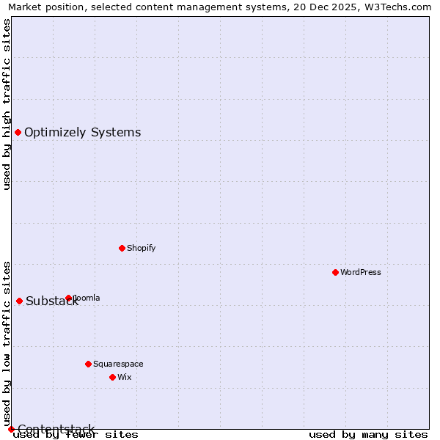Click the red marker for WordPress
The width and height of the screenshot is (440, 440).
click(x=335, y=272)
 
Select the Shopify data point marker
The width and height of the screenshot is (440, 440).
click(x=122, y=248)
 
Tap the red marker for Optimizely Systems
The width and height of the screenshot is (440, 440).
click(x=18, y=132)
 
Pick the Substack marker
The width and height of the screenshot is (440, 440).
click(x=19, y=301)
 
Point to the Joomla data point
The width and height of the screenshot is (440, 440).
click(x=69, y=298)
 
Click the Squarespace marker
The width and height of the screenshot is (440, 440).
click(x=88, y=364)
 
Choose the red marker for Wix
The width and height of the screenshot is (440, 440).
click(x=112, y=377)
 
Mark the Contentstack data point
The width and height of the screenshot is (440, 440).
click(x=11, y=429)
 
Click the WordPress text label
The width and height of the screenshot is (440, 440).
click(x=361, y=272)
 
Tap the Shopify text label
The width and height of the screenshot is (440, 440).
click(x=142, y=248)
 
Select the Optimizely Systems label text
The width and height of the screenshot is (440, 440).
click(x=82, y=132)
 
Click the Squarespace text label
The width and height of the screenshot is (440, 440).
click(x=118, y=364)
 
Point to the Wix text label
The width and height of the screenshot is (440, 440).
click(x=125, y=377)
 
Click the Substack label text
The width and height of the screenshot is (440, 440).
click(x=51, y=301)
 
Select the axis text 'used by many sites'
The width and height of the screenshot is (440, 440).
click(x=368, y=434)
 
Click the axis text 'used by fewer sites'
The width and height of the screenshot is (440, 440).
click(x=76, y=434)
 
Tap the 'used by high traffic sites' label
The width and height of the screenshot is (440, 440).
click(x=7, y=104)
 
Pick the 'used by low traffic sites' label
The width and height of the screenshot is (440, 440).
click(x=7, y=343)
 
